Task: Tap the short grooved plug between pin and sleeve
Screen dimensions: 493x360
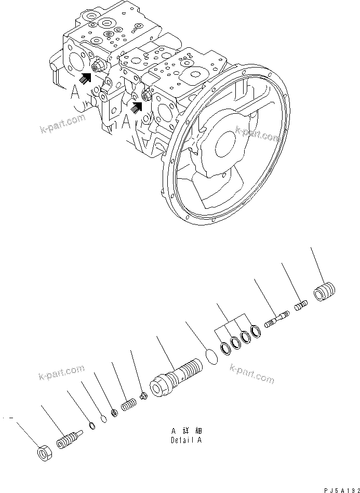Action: point(301,307)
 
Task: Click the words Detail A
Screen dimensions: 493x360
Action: point(186,440)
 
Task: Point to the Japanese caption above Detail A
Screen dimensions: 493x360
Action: point(186,431)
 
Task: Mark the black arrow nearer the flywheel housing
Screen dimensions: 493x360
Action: point(137,106)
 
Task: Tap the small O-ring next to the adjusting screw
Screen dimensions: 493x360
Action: point(92,427)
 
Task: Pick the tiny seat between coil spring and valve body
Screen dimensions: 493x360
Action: point(145,396)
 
